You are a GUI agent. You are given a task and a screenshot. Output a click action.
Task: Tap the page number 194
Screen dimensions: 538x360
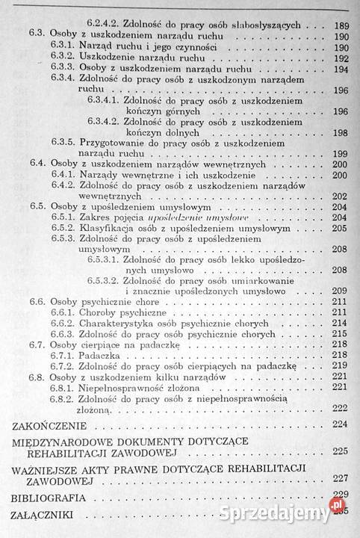pyautogui.click(x=340, y=69)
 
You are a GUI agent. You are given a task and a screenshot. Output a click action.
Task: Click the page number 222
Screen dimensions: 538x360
pyautogui.click(x=340, y=407)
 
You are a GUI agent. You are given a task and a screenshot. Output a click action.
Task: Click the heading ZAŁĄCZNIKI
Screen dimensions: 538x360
pyautogui.click(x=43, y=515)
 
